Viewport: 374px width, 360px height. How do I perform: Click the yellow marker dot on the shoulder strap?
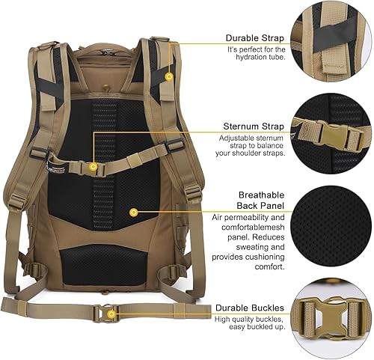coord(169,76)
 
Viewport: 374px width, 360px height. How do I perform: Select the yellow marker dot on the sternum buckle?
coord(93,167)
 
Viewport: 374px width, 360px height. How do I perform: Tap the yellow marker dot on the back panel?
coord(133,212)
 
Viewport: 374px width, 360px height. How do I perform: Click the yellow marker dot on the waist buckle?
coord(110,314)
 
